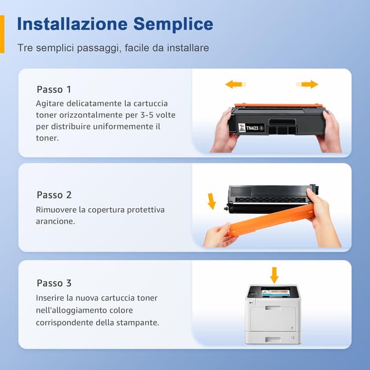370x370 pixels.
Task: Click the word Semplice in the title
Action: click(x=173, y=24)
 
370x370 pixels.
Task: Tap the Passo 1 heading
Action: click(x=54, y=90)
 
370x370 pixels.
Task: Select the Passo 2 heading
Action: click(x=54, y=195)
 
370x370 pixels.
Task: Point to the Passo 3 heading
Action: click(x=54, y=283)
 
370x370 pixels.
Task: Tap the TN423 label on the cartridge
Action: click(x=253, y=128)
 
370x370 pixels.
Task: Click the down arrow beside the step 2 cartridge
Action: click(x=212, y=201)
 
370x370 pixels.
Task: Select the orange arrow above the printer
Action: click(x=274, y=275)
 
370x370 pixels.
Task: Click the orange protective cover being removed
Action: click(x=272, y=222)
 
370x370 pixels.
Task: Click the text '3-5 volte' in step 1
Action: click(x=156, y=115)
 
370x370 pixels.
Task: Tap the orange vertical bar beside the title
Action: click(x=2, y=34)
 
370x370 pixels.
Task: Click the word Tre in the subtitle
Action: click(x=24, y=48)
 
